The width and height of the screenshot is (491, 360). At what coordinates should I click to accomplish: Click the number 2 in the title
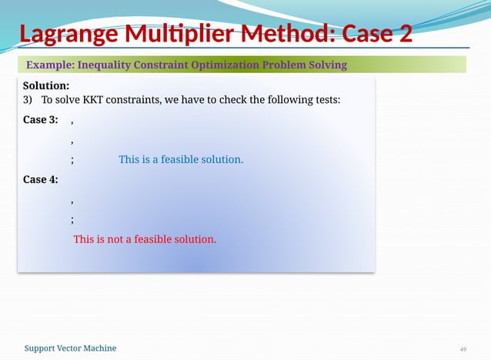[x=403, y=35]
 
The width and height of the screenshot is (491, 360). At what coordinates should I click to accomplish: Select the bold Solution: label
[x=46, y=85]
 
